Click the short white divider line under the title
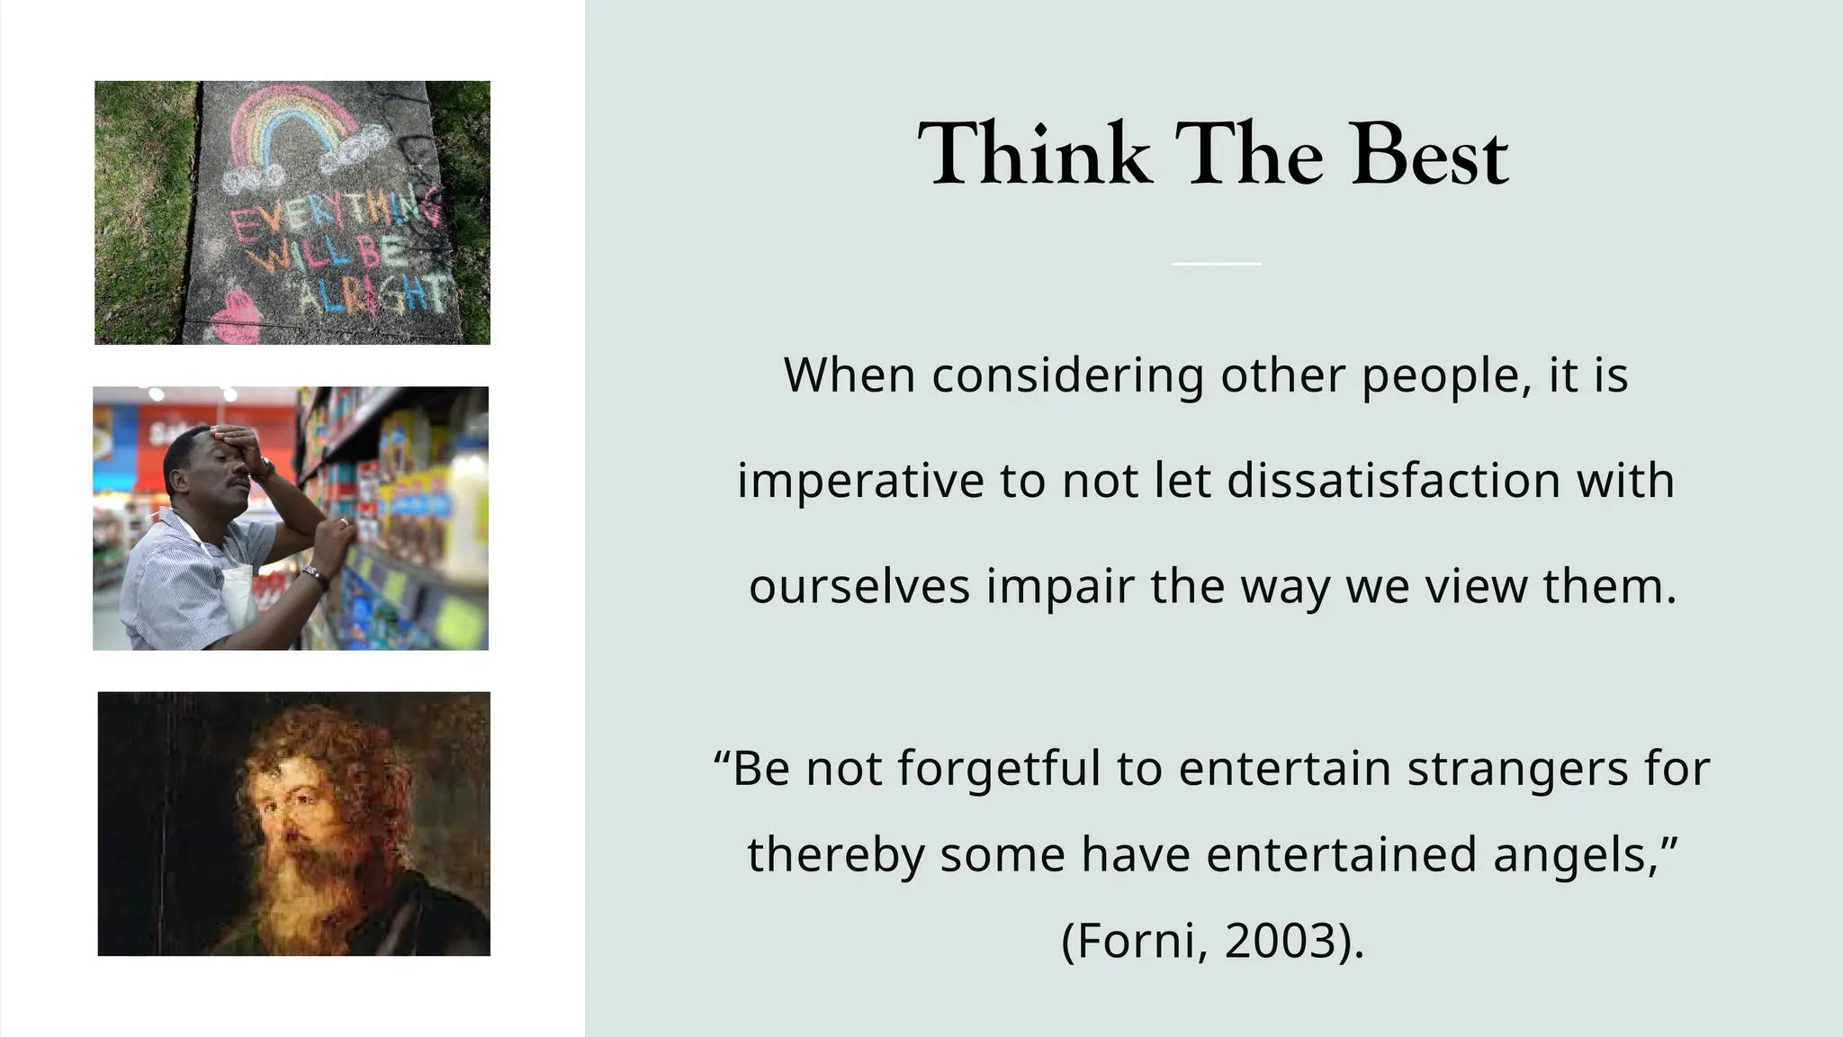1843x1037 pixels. pyautogui.click(x=1216, y=264)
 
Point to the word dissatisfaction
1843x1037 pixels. pyautogui.click(x=1393, y=481)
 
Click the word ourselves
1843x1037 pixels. pyautogui.click(x=859, y=586)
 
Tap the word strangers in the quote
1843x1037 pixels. pyautogui.click(x=1517, y=769)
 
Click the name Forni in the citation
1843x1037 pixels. pyautogui.click(x=1136, y=941)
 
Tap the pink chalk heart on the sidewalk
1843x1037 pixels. pyautogui.click(x=236, y=317)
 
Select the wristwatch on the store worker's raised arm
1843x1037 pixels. pyautogui.click(x=265, y=470)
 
